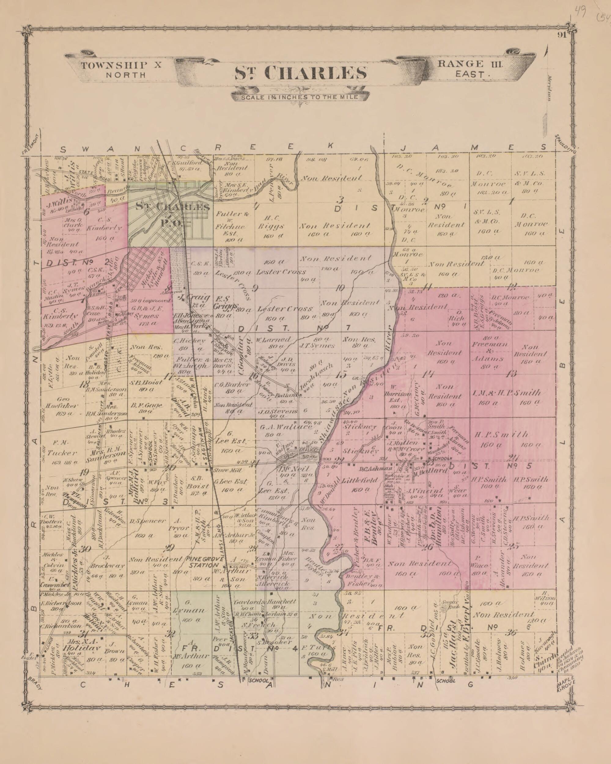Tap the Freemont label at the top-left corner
click(31, 144)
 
